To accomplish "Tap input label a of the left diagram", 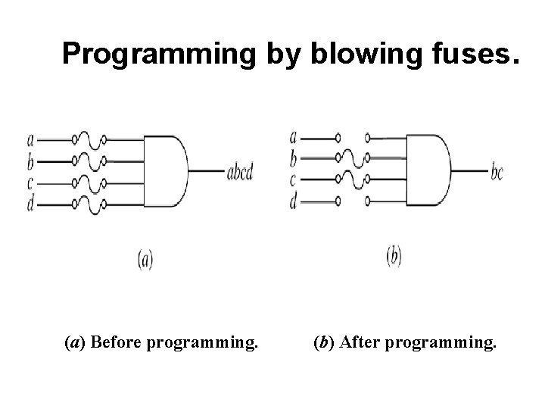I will click(30, 139).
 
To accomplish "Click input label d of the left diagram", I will click(30, 204).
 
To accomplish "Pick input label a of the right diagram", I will click(294, 138).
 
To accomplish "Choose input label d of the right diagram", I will click(294, 202).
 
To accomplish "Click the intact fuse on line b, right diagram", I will click(352, 159).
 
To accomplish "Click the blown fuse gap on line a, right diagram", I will click(353, 139).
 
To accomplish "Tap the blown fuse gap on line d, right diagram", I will click(353, 201).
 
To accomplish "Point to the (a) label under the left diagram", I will click(145, 260).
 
